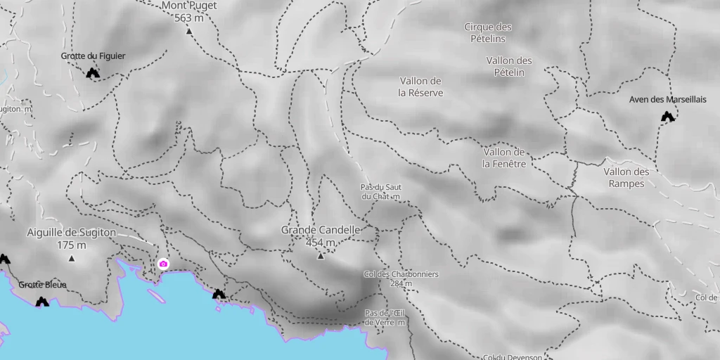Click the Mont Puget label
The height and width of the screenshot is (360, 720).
(x=189, y=6)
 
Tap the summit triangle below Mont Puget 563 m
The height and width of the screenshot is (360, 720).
(x=189, y=31)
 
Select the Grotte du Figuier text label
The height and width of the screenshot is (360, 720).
(x=93, y=56)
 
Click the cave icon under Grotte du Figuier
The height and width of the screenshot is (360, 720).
(x=92, y=73)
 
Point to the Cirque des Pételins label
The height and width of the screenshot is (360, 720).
(x=488, y=33)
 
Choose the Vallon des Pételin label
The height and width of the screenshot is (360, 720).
(x=509, y=66)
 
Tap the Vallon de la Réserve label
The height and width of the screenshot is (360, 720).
(x=420, y=86)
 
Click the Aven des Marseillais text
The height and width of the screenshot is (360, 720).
(x=667, y=99)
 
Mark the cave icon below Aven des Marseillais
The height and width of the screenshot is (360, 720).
(x=667, y=117)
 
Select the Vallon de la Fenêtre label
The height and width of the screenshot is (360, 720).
(x=505, y=158)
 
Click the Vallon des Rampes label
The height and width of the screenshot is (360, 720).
(x=626, y=177)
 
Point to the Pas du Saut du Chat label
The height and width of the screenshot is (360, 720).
(x=380, y=192)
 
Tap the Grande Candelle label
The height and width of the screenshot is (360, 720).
(x=321, y=230)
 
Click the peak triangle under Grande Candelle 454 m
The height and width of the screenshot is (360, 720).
(x=321, y=256)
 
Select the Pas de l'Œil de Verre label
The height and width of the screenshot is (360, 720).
(x=385, y=317)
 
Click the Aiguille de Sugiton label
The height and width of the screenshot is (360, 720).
(x=71, y=233)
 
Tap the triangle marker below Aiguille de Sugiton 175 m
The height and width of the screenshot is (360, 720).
(x=72, y=258)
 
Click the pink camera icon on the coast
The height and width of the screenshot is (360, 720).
(x=163, y=264)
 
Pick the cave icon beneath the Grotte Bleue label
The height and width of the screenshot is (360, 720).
(x=42, y=302)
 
